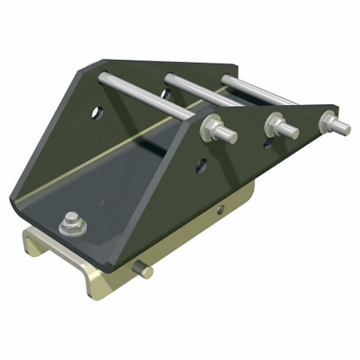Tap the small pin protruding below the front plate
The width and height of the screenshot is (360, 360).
[144, 270]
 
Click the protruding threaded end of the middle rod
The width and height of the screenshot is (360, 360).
[290, 131]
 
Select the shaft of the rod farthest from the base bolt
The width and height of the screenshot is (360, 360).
[256, 88]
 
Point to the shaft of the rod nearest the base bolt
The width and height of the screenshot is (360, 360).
[146, 92]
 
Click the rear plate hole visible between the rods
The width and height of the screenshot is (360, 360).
[166, 93]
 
